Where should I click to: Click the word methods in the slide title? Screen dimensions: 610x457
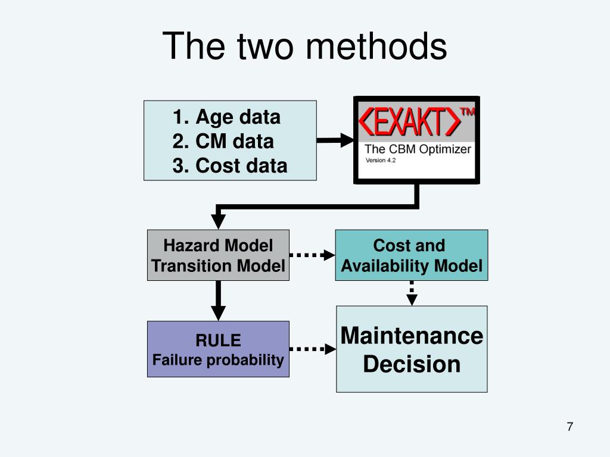[376, 46]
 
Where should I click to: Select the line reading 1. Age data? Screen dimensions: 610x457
[226, 117]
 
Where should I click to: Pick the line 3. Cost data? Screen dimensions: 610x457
[230, 165]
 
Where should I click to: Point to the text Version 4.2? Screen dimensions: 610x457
[381, 160]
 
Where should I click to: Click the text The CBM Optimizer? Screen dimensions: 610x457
[418, 149]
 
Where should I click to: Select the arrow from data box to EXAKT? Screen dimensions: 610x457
[335, 140]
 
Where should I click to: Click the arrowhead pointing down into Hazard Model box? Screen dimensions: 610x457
[218, 221]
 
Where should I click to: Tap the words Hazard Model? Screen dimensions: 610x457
[218, 245]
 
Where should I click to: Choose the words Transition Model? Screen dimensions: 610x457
[218, 266]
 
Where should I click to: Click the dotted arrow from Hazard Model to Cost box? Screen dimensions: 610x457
[312, 255]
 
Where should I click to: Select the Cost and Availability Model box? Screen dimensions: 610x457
[412, 255]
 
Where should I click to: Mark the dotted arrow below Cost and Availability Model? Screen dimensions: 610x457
[412, 293]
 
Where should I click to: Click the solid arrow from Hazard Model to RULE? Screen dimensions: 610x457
[218, 301]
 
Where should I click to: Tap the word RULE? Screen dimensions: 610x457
[218, 340]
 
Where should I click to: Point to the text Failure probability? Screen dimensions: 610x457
[218, 360]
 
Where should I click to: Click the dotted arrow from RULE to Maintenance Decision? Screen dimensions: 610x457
[313, 349]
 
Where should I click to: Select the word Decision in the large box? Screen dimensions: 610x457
[412, 364]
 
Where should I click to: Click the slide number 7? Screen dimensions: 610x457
[570, 427]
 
